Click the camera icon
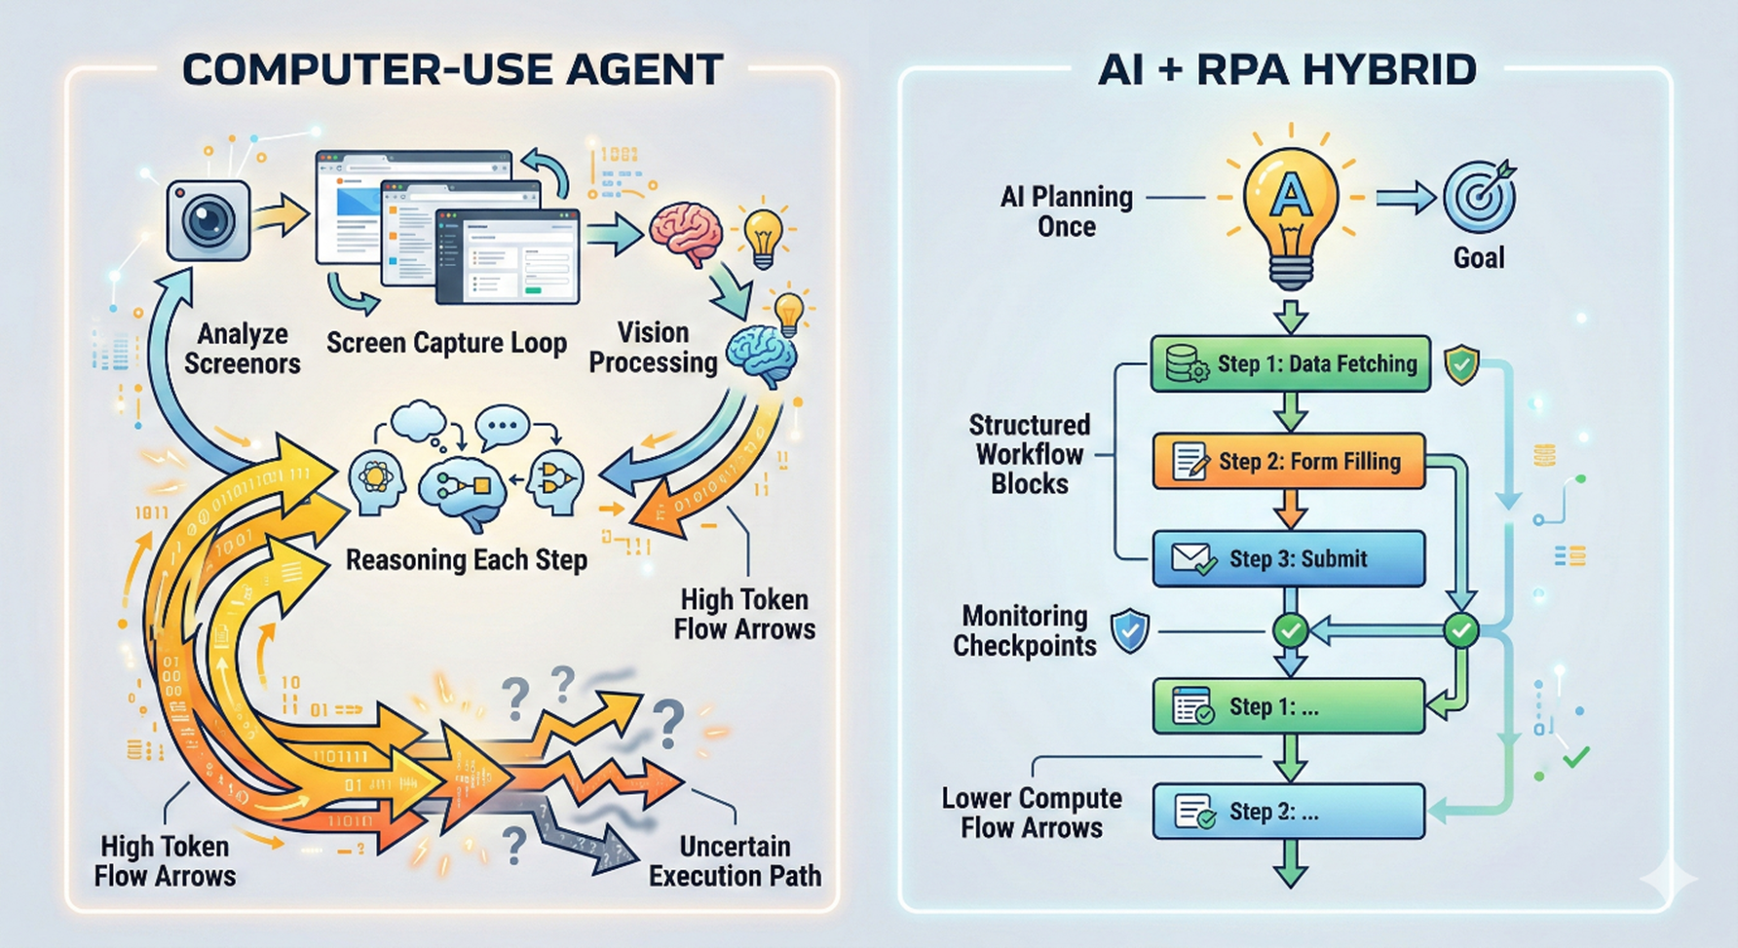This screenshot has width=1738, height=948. tap(208, 220)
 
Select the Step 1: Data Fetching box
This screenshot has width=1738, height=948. tap(1290, 364)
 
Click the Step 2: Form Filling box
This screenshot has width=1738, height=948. tap(1288, 461)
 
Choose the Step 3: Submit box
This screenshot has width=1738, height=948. tap(1288, 558)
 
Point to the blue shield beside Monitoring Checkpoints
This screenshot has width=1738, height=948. tap(1130, 630)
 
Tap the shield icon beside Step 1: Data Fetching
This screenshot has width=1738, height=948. tap(1461, 364)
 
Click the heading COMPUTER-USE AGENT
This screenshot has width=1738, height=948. tap(452, 70)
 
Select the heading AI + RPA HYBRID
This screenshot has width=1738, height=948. tap(1287, 70)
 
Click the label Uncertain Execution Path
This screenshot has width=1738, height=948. tap(735, 860)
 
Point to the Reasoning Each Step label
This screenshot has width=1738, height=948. tap(467, 560)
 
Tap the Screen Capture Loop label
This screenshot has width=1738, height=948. tap(446, 343)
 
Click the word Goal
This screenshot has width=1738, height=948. tap(1479, 258)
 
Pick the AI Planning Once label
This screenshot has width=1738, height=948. tap(1067, 211)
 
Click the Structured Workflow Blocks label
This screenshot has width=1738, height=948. tap(1030, 454)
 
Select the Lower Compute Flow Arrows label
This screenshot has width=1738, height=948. tap(1032, 813)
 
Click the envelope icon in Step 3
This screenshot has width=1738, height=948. tap(1193, 558)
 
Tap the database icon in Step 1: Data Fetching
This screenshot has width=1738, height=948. tap(1187, 364)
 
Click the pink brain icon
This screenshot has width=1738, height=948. tap(687, 232)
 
